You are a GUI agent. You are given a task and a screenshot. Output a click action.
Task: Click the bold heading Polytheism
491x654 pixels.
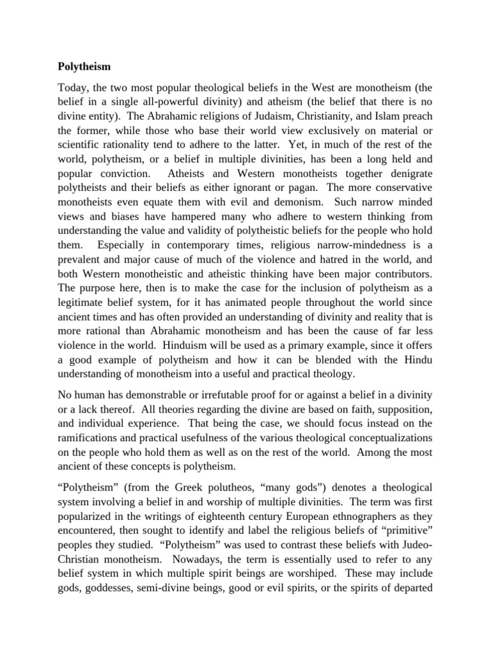84,66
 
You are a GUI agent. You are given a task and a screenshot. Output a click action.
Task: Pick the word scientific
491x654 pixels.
82,146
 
